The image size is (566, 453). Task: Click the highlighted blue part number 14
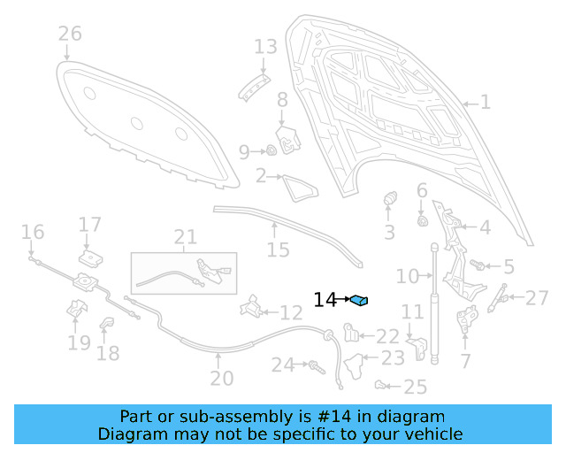point(359,301)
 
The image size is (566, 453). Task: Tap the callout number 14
point(325,300)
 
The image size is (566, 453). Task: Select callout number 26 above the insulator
point(70,35)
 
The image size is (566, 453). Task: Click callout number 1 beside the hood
point(485,103)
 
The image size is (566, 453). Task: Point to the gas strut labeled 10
point(434,301)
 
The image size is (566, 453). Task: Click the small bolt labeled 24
point(313,364)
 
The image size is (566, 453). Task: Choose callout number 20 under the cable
point(221,379)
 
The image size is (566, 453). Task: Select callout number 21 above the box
point(185,237)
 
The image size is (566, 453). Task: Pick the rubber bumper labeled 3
point(388,203)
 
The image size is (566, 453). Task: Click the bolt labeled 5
point(478,264)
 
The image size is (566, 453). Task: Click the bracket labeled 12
point(250,307)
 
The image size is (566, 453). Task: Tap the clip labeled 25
point(381,385)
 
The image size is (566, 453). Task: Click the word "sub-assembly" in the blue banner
point(218,417)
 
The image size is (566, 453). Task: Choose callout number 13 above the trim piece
point(265,46)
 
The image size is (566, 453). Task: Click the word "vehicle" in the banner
point(432,434)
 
